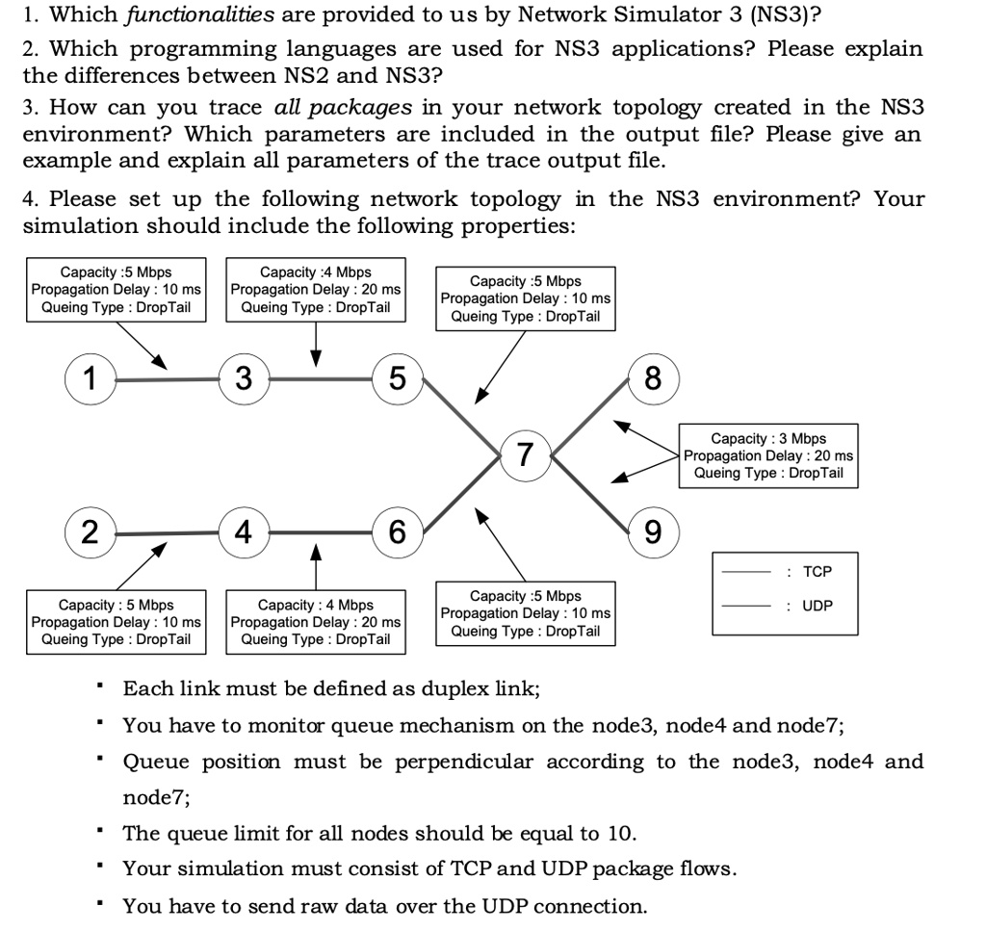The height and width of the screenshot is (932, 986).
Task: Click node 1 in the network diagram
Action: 91,378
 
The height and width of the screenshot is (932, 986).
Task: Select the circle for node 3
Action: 244,378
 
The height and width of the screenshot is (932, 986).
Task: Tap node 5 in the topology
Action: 398,378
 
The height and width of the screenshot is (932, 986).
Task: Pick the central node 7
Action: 526,455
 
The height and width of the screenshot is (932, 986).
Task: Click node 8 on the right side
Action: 654,378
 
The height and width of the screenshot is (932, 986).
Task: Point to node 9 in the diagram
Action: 654,532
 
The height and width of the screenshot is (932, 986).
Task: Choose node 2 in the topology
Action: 91,532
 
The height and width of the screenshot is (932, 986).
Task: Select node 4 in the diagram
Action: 244,532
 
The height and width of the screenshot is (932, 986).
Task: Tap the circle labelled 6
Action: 398,532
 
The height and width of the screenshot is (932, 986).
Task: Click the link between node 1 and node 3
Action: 168,379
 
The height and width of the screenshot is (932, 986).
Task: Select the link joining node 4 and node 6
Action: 321,532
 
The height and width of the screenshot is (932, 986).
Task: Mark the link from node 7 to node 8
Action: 590,416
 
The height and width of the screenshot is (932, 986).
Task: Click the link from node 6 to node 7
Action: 461,494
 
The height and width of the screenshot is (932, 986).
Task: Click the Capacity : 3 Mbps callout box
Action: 768,456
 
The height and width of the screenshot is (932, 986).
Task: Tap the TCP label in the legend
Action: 817,572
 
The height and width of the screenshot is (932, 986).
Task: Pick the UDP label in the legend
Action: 817,606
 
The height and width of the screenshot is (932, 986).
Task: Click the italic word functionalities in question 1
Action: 200,14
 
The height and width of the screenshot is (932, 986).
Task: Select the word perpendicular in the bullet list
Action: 464,762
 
